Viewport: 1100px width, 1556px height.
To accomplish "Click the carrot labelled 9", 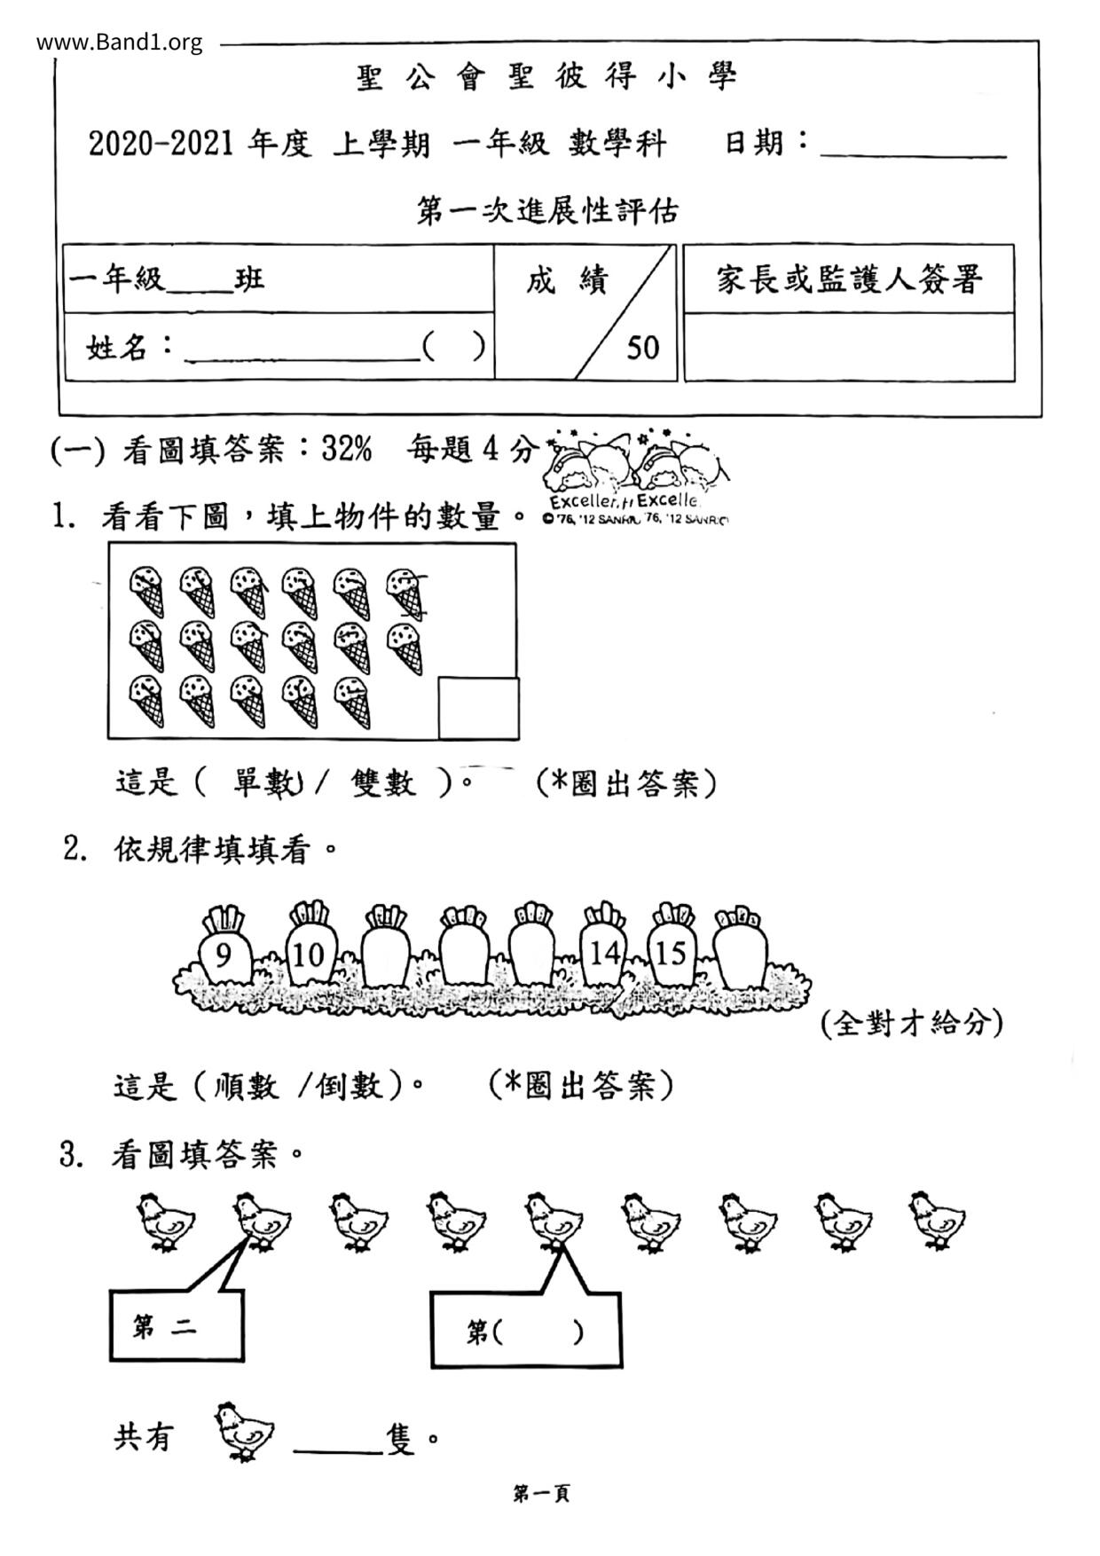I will (223, 953).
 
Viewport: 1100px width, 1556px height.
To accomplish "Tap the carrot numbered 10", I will (308, 953).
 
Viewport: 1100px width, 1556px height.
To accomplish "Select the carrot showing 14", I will (604, 953).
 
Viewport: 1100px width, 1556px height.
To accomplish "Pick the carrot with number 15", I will (671, 953).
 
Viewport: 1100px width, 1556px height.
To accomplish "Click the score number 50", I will (643, 347).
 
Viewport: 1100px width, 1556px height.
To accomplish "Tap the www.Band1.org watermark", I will (120, 42).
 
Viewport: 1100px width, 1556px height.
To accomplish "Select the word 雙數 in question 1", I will (383, 782).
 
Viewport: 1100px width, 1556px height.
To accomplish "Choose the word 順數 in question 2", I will (246, 1085).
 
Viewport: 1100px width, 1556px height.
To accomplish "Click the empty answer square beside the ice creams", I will (478, 708).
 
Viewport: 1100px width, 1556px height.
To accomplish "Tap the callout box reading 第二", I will (176, 1326).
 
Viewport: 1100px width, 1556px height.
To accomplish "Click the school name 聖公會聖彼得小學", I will (547, 78).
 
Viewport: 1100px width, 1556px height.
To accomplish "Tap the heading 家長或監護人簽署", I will (849, 279).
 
